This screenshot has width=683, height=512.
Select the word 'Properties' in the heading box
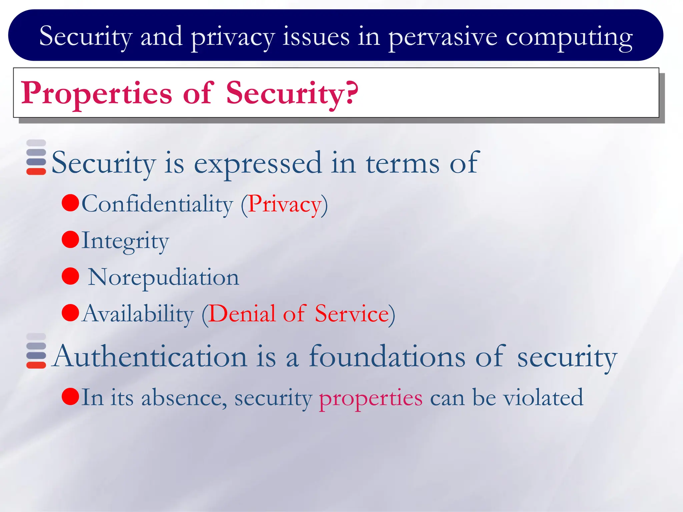pos(97,94)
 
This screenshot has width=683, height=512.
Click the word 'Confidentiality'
pos(157,204)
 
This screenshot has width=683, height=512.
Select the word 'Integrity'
pos(125,241)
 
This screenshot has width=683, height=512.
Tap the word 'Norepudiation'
pos(163,277)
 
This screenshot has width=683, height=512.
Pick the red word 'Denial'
pos(242,314)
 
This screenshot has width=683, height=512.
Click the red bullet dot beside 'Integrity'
pos(70,240)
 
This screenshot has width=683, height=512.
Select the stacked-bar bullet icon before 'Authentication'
pos(36,351)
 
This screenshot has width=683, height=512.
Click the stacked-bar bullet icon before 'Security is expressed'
pos(36,157)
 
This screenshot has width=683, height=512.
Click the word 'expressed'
pos(258,163)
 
